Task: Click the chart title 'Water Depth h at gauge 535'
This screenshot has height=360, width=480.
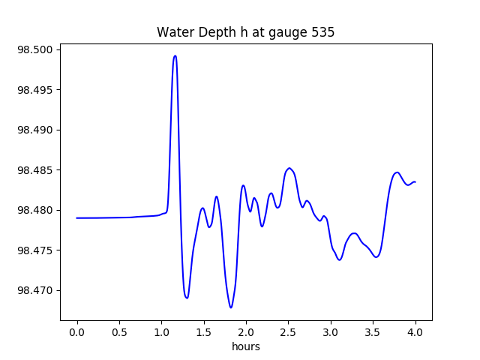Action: tap(245, 33)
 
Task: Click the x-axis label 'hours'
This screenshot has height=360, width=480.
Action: tap(245, 347)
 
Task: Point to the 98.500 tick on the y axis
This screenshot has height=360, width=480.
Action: tap(37, 50)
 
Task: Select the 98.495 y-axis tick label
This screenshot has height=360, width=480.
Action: tap(37, 90)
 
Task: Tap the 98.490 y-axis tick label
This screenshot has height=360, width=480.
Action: tap(37, 130)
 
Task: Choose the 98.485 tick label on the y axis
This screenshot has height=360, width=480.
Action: tap(37, 170)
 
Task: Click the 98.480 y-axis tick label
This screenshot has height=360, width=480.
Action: tap(37, 210)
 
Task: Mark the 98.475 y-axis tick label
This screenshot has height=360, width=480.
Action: tap(37, 250)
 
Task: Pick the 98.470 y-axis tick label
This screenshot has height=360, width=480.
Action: tap(37, 290)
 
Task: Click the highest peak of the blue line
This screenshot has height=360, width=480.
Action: tap(175, 55)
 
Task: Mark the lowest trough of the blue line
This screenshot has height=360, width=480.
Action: tap(231, 307)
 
